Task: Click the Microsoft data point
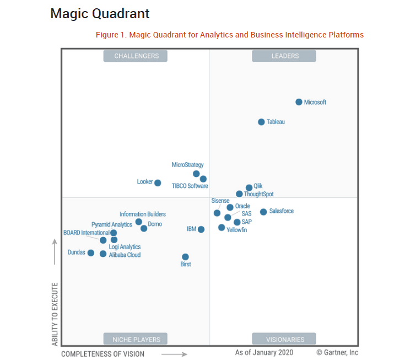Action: click(x=299, y=102)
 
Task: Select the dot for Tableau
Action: click(x=261, y=122)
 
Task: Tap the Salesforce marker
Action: click(x=263, y=212)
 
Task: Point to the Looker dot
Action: click(x=158, y=182)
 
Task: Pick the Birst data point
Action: click(x=185, y=257)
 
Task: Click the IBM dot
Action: click(x=201, y=229)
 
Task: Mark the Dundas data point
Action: click(x=91, y=253)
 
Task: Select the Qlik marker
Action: click(x=249, y=187)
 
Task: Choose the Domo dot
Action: click(x=144, y=228)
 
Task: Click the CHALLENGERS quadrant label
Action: click(x=136, y=56)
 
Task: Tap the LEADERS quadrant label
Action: click(x=284, y=56)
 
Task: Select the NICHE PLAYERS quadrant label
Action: click(x=136, y=339)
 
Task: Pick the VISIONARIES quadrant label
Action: click(x=284, y=339)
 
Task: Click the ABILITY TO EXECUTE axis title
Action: click(x=55, y=314)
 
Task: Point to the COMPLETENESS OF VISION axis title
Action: click(x=102, y=353)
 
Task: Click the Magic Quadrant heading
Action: click(x=100, y=13)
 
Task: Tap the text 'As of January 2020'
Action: click(x=264, y=352)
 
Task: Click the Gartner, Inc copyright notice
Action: click(x=337, y=352)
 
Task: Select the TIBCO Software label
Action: click(x=190, y=186)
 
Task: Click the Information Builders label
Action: click(x=143, y=214)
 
